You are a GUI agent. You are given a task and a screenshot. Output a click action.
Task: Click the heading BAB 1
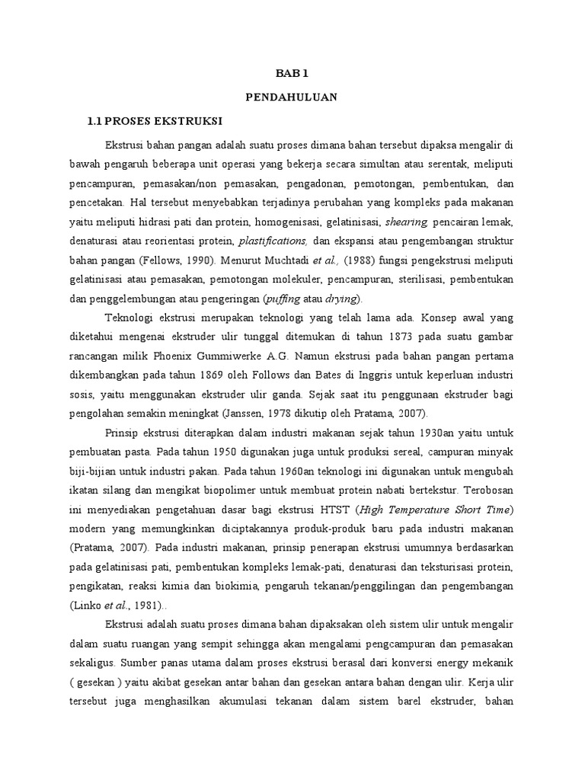click(x=292, y=74)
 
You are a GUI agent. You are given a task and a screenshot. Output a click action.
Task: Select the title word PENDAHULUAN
click(x=292, y=97)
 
